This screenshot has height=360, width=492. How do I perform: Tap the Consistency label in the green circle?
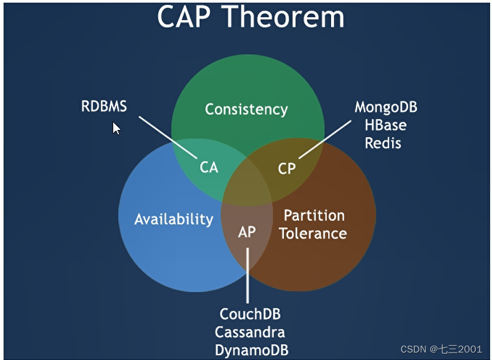pyautogui.click(x=247, y=109)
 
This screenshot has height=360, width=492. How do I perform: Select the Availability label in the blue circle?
pyautogui.click(x=174, y=219)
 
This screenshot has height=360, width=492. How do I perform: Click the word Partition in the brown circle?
pyautogui.click(x=314, y=215)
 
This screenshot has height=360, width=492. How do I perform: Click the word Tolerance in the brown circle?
pyautogui.click(x=312, y=234)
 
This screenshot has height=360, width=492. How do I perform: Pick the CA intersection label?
pyautogui.click(x=209, y=167)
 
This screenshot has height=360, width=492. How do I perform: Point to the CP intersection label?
pyautogui.click(x=286, y=168)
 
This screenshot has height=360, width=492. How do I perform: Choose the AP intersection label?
pyautogui.click(x=247, y=232)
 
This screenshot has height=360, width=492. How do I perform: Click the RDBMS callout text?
pyautogui.click(x=104, y=106)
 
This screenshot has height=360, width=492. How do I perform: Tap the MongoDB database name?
pyautogui.click(x=386, y=107)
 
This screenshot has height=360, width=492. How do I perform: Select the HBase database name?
pyautogui.click(x=385, y=125)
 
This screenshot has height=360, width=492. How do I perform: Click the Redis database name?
pyautogui.click(x=383, y=143)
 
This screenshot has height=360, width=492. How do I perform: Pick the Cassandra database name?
pyautogui.click(x=250, y=332)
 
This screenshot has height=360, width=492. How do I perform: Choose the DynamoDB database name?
pyautogui.click(x=252, y=349)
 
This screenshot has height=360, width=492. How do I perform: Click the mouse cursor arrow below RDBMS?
pyautogui.click(x=116, y=128)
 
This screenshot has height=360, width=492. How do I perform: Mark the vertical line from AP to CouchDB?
pyautogui.click(x=247, y=274)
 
